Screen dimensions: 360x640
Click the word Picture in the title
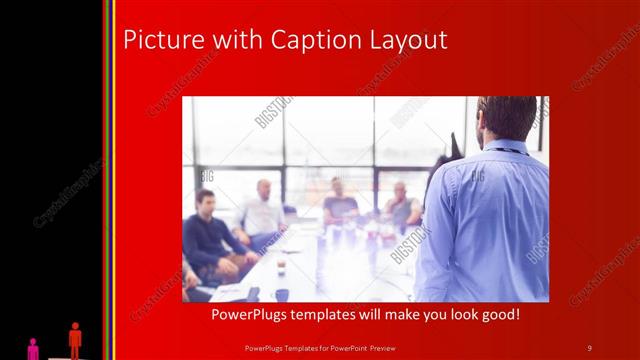click(159, 40)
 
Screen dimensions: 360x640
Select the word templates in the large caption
click(337, 314)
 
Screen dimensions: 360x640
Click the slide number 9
click(589, 347)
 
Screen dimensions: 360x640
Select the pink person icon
click(33, 348)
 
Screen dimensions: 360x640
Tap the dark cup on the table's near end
click(282, 294)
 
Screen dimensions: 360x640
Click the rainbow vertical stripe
click(109, 180)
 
